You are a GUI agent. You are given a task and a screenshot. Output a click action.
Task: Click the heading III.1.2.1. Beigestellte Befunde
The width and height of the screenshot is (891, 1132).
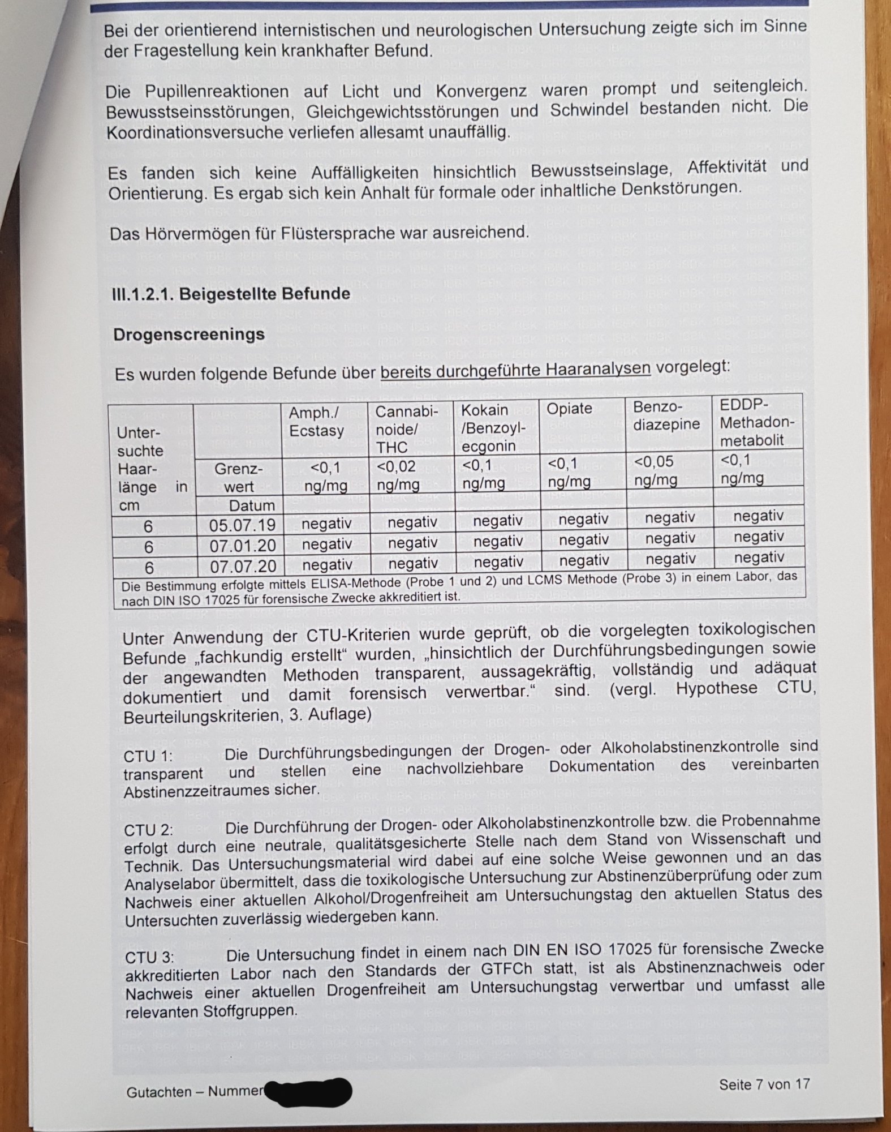(231, 294)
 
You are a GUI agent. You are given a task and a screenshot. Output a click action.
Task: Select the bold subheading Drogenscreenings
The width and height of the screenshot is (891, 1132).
(189, 335)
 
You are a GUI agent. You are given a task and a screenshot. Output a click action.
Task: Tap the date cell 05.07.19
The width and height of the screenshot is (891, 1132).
(242, 525)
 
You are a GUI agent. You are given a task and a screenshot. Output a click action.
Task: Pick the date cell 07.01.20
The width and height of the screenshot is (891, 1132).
(242, 546)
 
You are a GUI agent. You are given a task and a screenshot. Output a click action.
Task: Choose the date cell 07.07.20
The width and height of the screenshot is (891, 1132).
(242, 566)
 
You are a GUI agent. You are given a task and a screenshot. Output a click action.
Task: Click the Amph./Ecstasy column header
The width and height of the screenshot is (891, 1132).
(317, 422)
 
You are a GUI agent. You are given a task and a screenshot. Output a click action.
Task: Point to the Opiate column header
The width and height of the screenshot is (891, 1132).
(569, 409)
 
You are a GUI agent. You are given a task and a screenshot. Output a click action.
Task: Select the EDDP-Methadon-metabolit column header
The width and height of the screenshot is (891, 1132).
(757, 422)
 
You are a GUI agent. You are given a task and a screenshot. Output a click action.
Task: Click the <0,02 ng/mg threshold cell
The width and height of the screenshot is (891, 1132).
(398, 475)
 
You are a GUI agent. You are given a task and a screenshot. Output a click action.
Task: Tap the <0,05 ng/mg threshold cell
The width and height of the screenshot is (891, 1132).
(655, 471)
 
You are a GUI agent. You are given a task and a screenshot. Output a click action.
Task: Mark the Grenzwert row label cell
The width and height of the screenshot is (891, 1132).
(239, 478)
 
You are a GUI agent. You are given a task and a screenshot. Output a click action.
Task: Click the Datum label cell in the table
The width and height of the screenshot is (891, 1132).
(252, 505)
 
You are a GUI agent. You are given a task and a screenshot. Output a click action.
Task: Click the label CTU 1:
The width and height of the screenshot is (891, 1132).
(148, 756)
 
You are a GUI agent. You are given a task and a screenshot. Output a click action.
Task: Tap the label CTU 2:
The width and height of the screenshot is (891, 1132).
(149, 830)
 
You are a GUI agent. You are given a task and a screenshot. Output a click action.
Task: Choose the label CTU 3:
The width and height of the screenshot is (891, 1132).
(150, 957)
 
